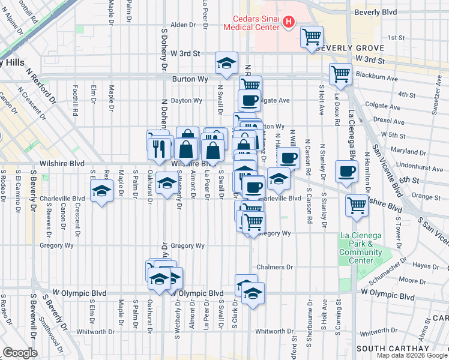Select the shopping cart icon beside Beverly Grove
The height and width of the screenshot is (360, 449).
click(312, 38)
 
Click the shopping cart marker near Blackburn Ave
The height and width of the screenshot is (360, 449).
click(340, 74)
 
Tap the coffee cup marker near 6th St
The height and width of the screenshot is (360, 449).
click(346, 171)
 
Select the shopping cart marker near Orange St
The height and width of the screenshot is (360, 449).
click(357, 206)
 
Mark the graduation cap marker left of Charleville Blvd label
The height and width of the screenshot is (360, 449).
click(102, 192)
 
